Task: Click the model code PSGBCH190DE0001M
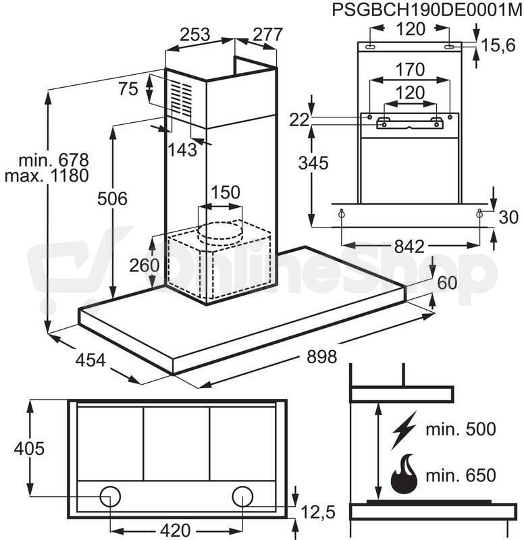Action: coord(427,10)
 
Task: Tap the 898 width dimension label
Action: coord(321,356)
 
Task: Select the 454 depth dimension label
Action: coord(90,360)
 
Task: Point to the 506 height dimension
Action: coord(112,198)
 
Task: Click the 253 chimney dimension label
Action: coord(195,34)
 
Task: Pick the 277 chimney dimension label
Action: coord(267,34)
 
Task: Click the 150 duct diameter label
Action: coord(226,192)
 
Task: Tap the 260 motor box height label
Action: coord(145,265)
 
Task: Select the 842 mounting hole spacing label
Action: coord(409,246)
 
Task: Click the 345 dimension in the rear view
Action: coord(313,163)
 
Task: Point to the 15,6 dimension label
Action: coord(498,45)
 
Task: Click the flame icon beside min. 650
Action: coord(404,475)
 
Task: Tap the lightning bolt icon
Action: coord(404,430)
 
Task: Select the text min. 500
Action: coord(461,429)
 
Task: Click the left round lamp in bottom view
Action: coord(110,497)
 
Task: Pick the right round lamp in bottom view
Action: coord(242,497)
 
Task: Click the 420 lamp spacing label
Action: coord(175,531)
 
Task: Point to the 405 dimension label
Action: coord(29,448)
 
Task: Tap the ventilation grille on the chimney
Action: coord(182,99)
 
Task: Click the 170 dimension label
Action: coord(410,70)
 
